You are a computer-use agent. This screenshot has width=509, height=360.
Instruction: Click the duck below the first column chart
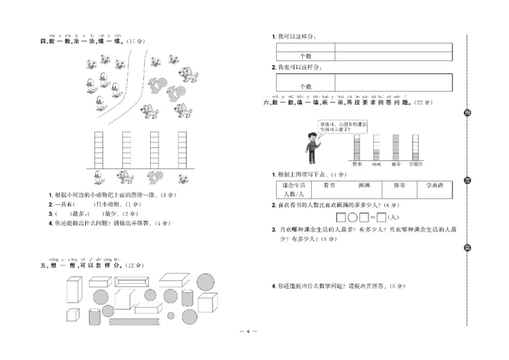(99, 176)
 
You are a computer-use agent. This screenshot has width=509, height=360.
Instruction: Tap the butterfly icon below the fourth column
(183, 177)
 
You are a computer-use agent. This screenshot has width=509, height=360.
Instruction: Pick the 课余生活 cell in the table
(295, 185)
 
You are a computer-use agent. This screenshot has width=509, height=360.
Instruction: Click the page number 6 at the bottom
(250, 349)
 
